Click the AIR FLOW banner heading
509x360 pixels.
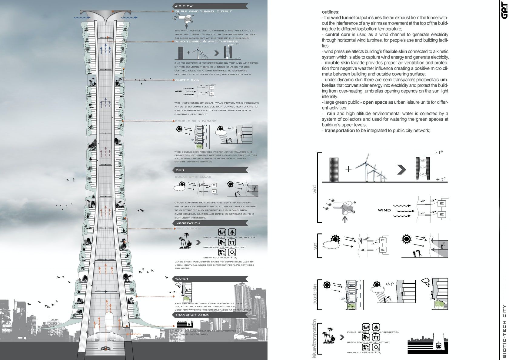pyautogui.click(x=184, y=6)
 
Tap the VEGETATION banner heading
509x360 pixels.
pyautogui.click(x=188, y=223)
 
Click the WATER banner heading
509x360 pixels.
pyautogui.click(x=182, y=279)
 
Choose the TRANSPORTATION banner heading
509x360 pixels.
pyautogui.click(x=192, y=315)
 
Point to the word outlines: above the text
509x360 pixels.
pyautogui.click(x=331, y=12)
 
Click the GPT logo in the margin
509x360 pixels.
pyautogui.click(x=504, y=11)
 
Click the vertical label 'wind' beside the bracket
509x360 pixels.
pyautogui.click(x=314, y=189)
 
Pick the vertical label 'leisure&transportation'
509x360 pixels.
pyautogui.click(x=314, y=339)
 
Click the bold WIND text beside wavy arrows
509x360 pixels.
pyautogui.click(x=384, y=210)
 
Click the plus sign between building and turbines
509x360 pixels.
pyautogui.click(x=348, y=169)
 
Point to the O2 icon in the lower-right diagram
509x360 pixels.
pyautogui.click(x=376, y=347)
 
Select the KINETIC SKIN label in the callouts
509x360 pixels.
pyautogui.click(x=187, y=80)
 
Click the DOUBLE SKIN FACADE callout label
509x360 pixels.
pyautogui.click(x=196, y=121)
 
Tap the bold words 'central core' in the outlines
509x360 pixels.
pyautogui.click(x=338, y=35)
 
